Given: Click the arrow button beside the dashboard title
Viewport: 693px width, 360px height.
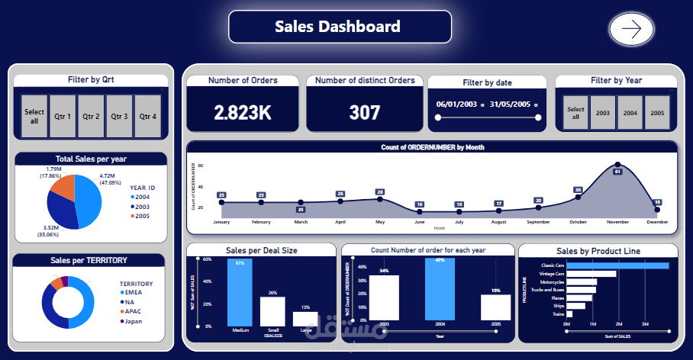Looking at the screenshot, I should point(631,29).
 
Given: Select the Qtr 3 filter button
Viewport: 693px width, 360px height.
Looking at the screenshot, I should point(118,117).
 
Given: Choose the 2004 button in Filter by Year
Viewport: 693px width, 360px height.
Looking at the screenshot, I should point(629,113).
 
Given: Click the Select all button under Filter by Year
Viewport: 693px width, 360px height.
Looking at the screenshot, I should point(575,113).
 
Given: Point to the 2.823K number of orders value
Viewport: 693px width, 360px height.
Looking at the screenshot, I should point(243,113).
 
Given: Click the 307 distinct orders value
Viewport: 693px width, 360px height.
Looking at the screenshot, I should point(365,113).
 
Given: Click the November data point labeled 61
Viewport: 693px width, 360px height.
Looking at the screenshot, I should point(617,165).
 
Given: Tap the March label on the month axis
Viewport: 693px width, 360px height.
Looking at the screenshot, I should point(300,222).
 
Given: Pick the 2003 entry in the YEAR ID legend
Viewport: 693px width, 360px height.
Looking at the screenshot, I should point(143,206).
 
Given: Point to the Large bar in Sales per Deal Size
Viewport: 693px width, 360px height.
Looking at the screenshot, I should point(305,320).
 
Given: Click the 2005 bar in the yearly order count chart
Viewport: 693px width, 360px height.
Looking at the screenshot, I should point(495,307).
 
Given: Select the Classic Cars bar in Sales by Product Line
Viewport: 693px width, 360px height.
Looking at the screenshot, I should point(617,265).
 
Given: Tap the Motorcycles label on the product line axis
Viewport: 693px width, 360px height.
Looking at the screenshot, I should point(549,281).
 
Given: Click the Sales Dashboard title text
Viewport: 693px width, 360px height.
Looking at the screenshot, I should point(337,27).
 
